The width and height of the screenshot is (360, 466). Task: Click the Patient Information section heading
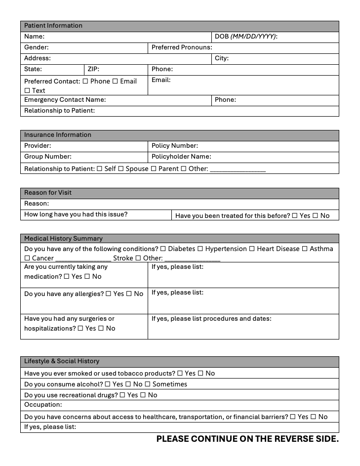[53, 26]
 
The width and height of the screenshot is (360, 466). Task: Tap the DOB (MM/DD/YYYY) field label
[246, 37]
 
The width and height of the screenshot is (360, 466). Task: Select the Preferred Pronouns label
[181, 47]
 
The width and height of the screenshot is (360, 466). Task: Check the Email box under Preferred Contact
[115, 81]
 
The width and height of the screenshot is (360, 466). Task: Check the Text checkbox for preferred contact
[27, 91]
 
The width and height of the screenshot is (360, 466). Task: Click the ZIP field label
[93, 69]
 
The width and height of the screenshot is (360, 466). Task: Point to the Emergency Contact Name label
[65, 100]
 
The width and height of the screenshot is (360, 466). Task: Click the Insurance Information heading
[58, 135]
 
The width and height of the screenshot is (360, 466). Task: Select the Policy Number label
[174, 146]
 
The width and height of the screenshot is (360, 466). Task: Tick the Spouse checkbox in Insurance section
[121, 169]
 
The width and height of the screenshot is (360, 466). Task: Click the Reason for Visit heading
[48, 193]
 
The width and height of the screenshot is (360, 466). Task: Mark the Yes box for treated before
[295, 216]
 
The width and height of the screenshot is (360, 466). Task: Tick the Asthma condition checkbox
[305, 249]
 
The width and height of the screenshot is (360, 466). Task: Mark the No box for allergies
[129, 294]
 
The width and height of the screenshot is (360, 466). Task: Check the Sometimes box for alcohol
[148, 384]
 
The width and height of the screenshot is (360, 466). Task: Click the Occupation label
[43, 405]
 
